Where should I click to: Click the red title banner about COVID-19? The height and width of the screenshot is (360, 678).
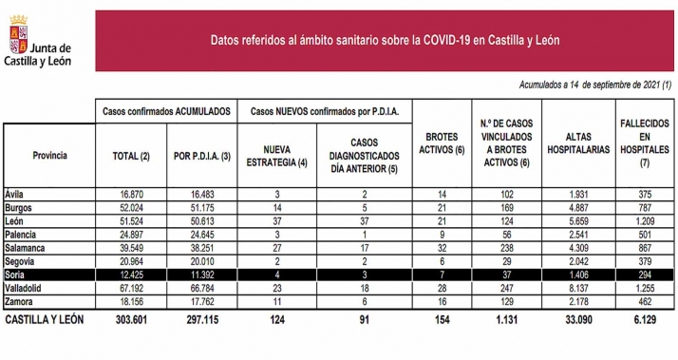coord(384,40)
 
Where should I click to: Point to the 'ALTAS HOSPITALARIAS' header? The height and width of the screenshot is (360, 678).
coord(576,142)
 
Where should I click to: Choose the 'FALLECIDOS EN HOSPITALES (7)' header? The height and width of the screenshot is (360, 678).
coord(642,142)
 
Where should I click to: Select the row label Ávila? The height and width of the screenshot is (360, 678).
coord(17,193)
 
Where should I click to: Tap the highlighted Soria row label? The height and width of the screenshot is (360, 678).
coord(17,273)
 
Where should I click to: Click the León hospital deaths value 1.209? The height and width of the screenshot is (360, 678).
coord(642,219)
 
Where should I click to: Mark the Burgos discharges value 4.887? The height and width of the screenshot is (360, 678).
coord(576,206)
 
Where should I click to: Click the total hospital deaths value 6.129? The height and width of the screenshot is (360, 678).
coord(642,320)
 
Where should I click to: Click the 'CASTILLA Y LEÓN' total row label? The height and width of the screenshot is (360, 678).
coord(46,320)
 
